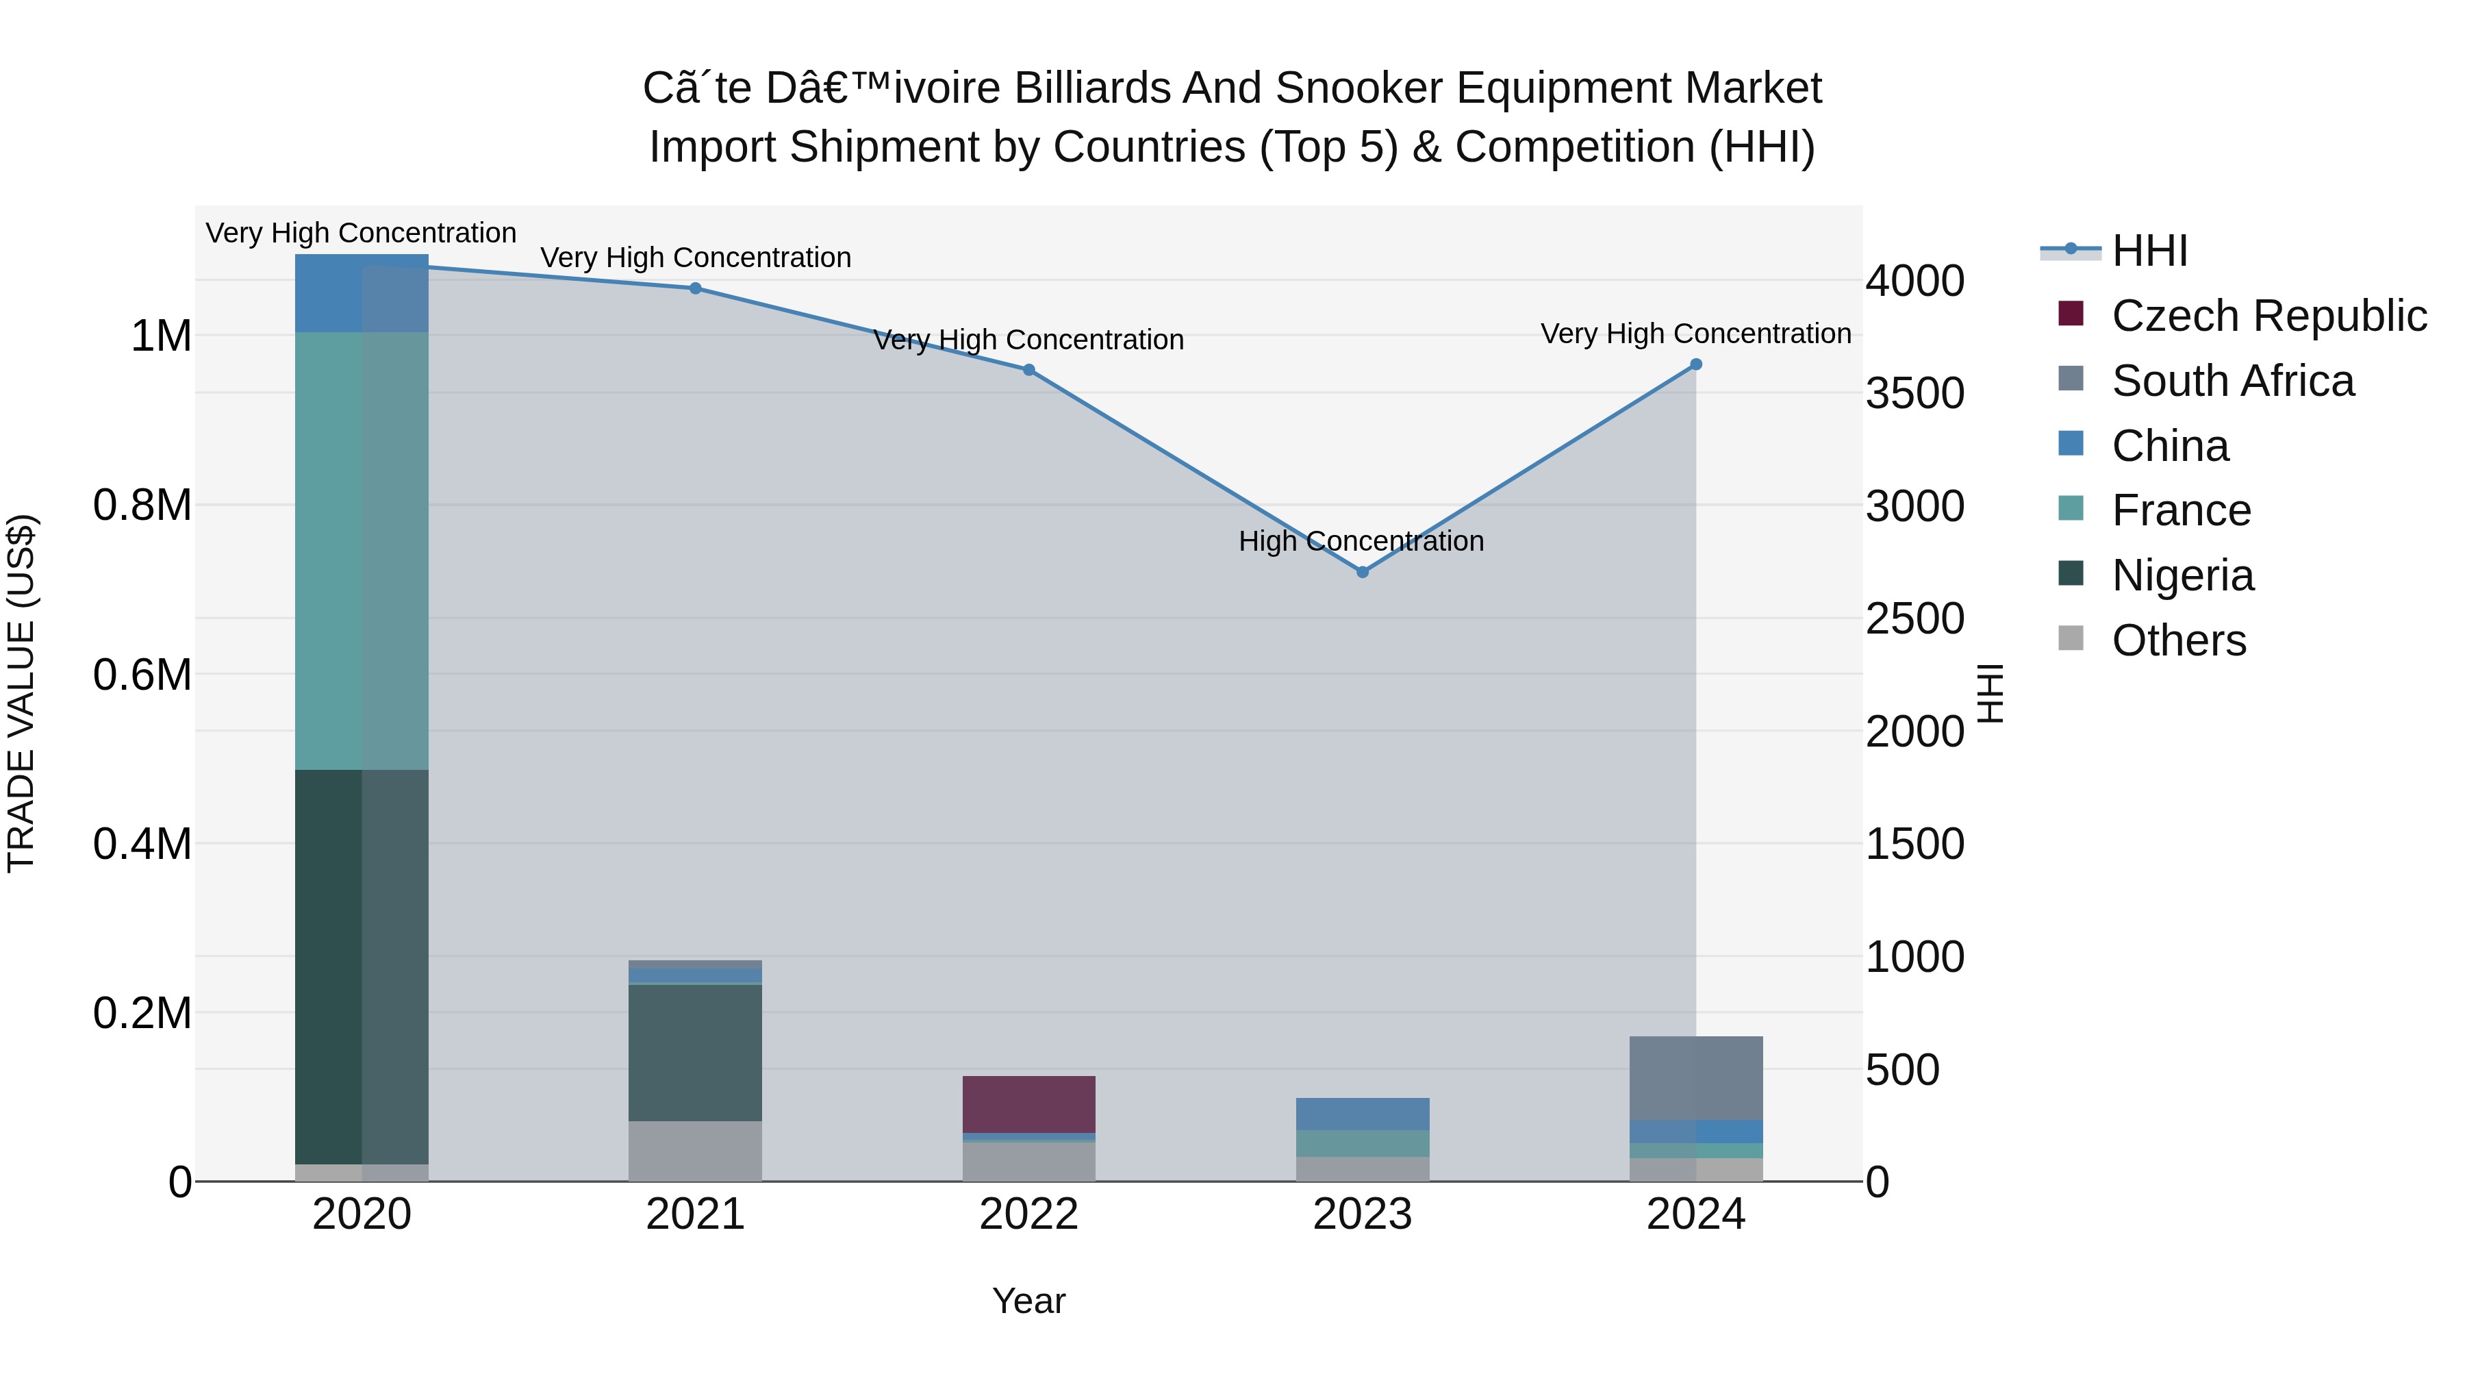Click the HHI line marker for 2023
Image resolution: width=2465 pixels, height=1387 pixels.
click(1362, 571)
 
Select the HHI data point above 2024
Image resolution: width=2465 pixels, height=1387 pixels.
click(1695, 364)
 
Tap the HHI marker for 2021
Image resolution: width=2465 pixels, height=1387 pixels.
click(696, 288)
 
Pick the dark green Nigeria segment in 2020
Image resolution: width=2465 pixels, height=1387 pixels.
click(361, 966)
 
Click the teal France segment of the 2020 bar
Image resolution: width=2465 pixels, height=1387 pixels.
click(361, 551)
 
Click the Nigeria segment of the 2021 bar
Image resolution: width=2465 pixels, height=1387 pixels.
click(696, 1052)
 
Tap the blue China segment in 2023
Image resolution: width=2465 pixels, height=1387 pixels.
click(1362, 1113)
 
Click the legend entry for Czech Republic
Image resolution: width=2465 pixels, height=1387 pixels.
click(2268, 316)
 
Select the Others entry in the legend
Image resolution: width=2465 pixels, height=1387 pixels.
click(2178, 640)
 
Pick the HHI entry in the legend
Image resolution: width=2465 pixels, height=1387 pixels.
click(2149, 251)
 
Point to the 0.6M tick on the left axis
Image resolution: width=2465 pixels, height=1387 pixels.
click(142, 675)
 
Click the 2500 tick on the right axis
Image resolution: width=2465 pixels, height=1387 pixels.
click(1914, 618)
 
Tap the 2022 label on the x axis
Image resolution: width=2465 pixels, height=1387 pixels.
click(1028, 1214)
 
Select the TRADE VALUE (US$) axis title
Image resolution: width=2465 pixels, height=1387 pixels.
click(21, 693)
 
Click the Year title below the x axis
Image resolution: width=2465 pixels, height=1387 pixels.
click(1028, 1301)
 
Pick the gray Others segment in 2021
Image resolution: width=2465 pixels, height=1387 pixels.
click(696, 1151)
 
